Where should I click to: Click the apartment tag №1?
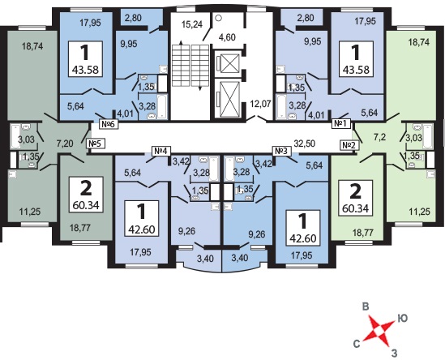pyautogui.click(x=341, y=124)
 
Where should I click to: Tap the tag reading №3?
pyautogui.click(x=281, y=151)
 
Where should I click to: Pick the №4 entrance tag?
pyautogui.click(x=161, y=151)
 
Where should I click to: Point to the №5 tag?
pyautogui.click(x=96, y=144)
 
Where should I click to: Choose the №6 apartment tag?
pyautogui.click(x=109, y=124)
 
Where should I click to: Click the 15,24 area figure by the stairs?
pyautogui.click(x=192, y=24)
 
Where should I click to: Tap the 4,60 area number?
pyautogui.click(x=227, y=37)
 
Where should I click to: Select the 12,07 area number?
pyautogui.click(x=260, y=104)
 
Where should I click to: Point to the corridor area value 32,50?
pyautogui.click(x=305, y=144)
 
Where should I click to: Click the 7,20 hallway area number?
pyautogui.click(x=65, y=144)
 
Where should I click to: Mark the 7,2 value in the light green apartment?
pyautogui.click(x=378, y=138)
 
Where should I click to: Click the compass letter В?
pyautogui.click(x=366, y=307)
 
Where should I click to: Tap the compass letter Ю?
pyautogui.click(x=403, y=319)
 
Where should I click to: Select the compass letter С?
pyautogui.click(x=357, y=344)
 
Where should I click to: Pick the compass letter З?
pyautogui.click(x=394, y=353)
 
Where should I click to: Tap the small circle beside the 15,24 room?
pyautogui.click(x=218, y=18)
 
